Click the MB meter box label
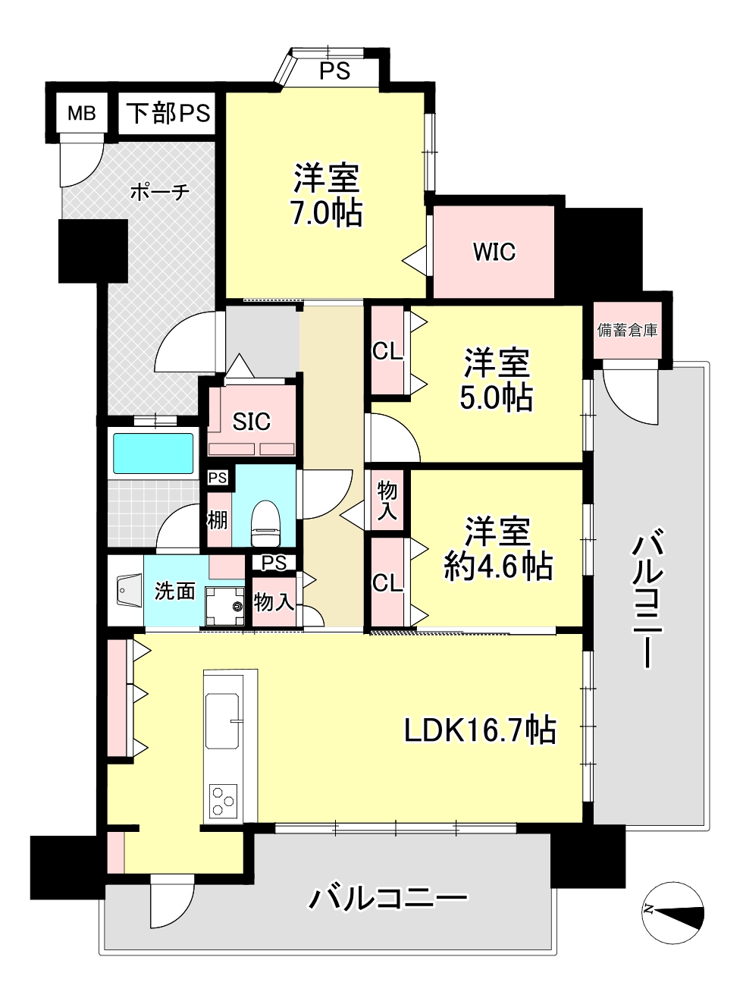pos(81,114)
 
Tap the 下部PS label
pos(168,113)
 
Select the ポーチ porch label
pos(160,192)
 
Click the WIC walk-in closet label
pos(494,252)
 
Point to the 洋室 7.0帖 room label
pos(327,195)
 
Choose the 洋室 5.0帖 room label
pos(497,379)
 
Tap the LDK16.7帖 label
pos(480,730)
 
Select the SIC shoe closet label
pos(251,421)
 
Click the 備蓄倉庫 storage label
pos(627,331)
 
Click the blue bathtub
pos(153,453)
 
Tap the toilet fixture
pos(265,523)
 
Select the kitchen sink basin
pos(222,722)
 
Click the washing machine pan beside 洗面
pos(225,606)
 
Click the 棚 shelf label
pos(218,520)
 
